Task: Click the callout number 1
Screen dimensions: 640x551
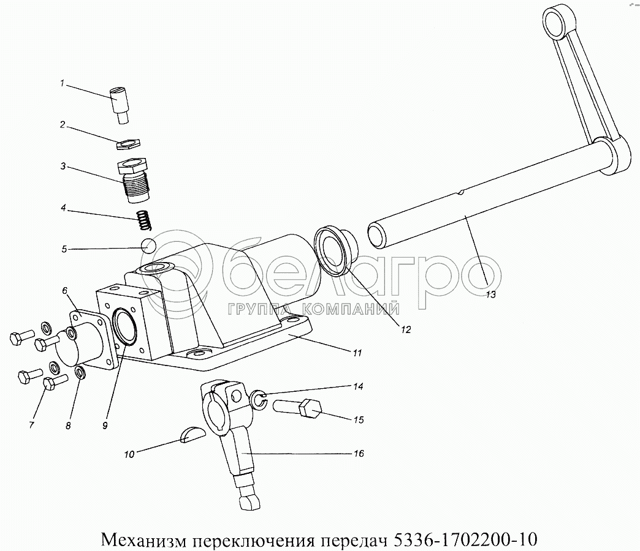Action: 62,83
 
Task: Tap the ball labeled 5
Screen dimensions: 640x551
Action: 148,246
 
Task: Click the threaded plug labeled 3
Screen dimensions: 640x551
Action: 133,181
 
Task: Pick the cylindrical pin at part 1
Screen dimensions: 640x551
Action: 120,104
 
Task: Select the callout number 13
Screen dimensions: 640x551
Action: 490,294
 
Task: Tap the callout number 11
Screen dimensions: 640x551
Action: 357,353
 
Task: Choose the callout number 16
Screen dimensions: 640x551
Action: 359,454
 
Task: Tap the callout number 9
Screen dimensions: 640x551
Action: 105,425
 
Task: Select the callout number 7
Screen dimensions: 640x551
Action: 31,425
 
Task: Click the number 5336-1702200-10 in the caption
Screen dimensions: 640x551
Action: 465,539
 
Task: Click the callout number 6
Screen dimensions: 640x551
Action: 64,291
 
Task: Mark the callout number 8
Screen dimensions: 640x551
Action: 68,426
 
